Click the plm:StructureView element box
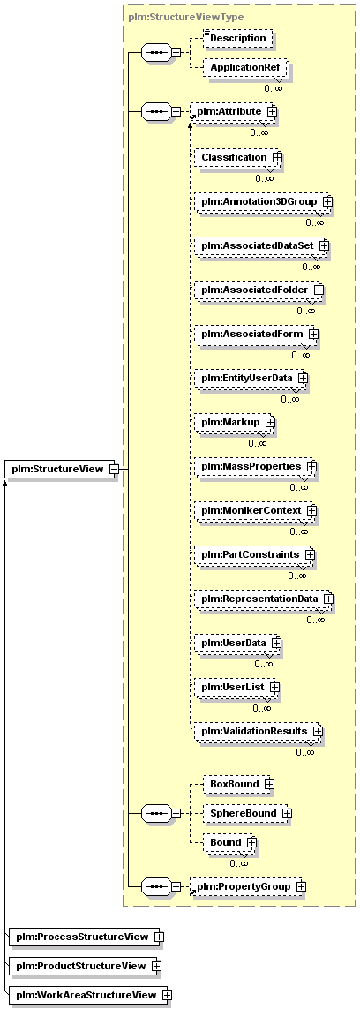coord(61,469)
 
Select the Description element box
coord(238,38)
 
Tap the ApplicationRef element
coord(245,68)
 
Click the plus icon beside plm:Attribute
coord(272,111)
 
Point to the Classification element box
coord(238,157)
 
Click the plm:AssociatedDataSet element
coord(262,245)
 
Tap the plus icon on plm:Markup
coord(270,422)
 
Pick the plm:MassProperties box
coord(257,466)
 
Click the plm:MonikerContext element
coord(256,510)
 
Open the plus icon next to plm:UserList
coord(274,687)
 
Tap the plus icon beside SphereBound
coord(287,813)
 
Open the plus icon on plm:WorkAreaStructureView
coord(167,995)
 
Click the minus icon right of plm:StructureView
coord(114,469)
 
